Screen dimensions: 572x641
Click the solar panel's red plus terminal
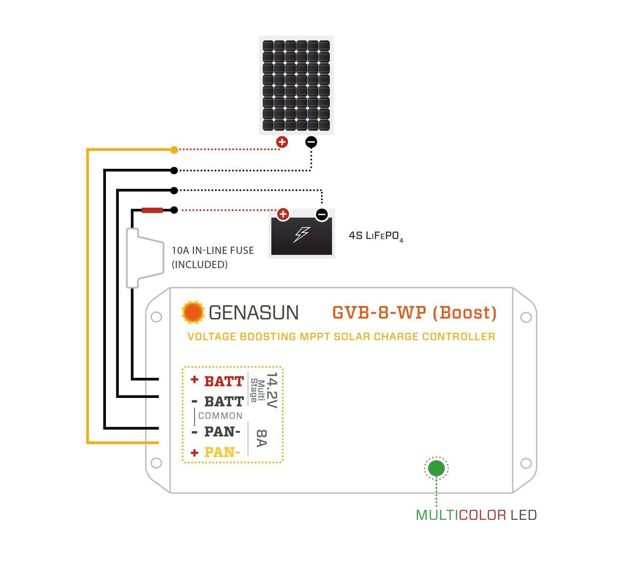(x=282, y=142)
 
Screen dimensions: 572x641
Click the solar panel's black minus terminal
(x=311, y=142)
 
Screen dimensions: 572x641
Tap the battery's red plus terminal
(x=283, y=214)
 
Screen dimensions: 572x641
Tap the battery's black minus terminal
(x=322, y=214)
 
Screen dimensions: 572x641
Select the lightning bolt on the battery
(x=301, y=234)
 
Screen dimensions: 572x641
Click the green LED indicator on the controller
(x=436, y=468)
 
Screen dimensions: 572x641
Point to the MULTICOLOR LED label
(x=476, y=515)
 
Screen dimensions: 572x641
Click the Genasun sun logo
(x=193, y=312)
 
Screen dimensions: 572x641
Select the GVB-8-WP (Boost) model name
(x=415, y=312)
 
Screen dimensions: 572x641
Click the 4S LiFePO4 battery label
(x=376, y=236)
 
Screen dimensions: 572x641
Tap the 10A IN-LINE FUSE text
(x=212, y=251)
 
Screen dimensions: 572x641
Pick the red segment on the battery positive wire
(x=152, y=210)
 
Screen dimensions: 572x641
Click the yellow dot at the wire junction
(x=174, y=150)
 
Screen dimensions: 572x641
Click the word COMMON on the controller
(x=220, y=416)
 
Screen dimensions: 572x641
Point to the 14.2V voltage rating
(x=272, y=390)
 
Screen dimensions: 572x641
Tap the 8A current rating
(x=261, y=438)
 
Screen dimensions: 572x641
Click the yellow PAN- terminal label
(x=222, y=452)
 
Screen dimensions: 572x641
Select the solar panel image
(x=296, y=85)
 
